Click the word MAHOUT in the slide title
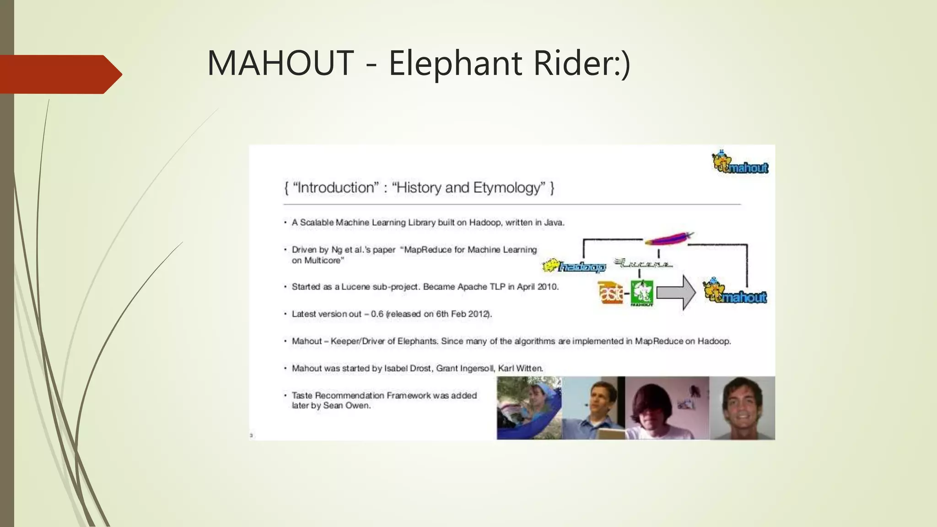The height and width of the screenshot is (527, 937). pyautogui.click(x=280, y=63)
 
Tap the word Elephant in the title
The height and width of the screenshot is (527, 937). pyautogui.click(x=455, y=63)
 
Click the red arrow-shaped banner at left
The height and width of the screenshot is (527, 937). pyautogui.click(x=59, y=74)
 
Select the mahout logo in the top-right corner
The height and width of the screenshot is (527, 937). pyautogui.click(x=740, y=163)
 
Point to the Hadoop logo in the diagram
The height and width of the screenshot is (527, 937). pyautogui.click(x=575, y=266)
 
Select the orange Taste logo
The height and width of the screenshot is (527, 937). pyautogui.click(x=610, y=293)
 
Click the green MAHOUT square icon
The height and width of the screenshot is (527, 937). pyautogui.click(x=642, y=293)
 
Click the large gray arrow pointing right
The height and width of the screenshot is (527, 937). pyautogui.click(x=676, y=293)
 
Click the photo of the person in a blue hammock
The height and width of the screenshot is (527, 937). pyautogui.click(x=529, y=408)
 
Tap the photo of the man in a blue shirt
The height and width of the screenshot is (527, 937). pyautogui.click(x=593, y=408)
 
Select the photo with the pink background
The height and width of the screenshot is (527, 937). pyautogui.click(x=667, y=408)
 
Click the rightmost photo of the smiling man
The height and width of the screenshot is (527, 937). pyautogui.click(x=742, y=408)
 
